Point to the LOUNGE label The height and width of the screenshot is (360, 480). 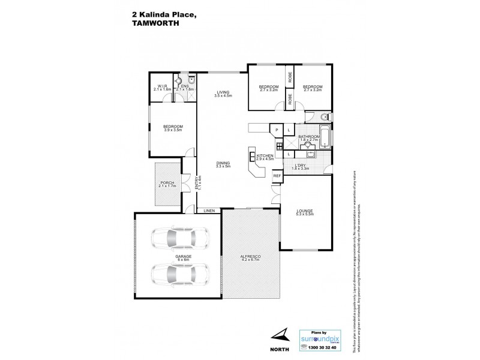coord(304,211)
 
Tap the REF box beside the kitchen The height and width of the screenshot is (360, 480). coord(277,176)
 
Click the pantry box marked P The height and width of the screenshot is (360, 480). coord(277,130)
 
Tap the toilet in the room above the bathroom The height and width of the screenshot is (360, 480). coord(323,116)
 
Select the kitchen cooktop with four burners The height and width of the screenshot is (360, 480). coord(279,146)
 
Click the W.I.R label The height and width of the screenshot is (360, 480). coord(163,85)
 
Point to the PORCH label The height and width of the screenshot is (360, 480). coord(167,183)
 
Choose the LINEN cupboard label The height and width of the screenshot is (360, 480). coord(209,211)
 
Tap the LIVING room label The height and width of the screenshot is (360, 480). coord(224,92)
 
